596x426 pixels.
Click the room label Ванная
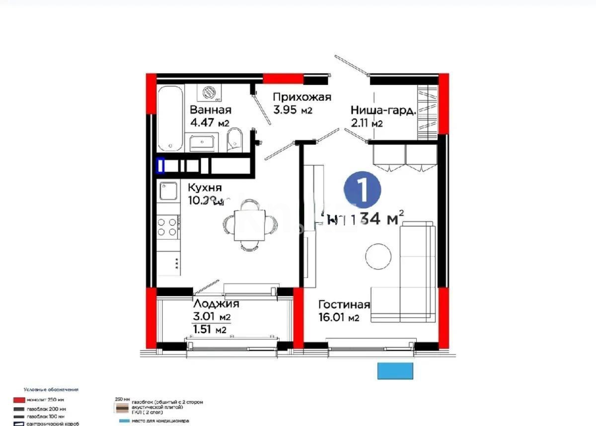[211, 110]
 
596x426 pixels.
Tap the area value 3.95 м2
[293, 110]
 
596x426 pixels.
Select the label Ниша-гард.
[382, 110]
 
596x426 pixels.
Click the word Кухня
[204, 188]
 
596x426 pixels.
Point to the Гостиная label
[344, 305]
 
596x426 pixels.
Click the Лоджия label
[216, 304]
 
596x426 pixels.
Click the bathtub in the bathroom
[170, 118]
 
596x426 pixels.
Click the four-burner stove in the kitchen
[167, 227]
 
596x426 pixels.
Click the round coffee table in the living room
[378, 256]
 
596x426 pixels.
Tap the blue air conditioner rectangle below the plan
[395, 371]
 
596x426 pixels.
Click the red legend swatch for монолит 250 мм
[19, 400]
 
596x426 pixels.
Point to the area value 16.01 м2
[338, 318]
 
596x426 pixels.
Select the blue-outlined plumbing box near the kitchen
[160, 166]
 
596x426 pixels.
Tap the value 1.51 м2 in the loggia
[209, 330]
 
